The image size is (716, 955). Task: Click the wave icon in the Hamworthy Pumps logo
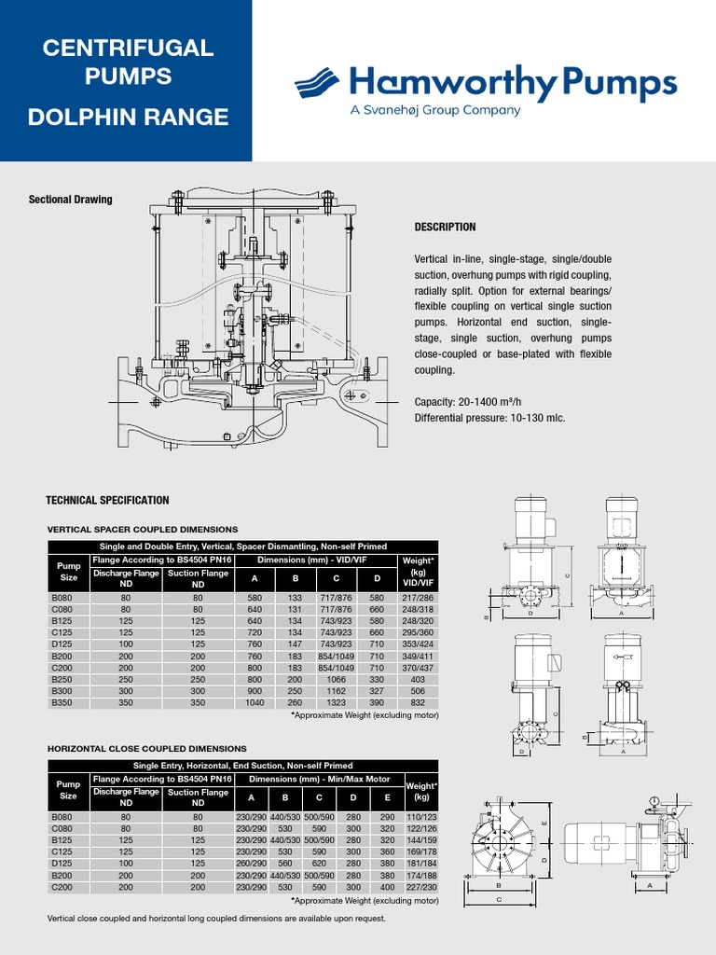(319, 83)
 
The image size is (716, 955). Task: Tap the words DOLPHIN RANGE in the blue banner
(128, 117)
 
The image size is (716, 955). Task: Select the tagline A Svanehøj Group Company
(434, 110)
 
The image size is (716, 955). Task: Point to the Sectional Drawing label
(70, 200)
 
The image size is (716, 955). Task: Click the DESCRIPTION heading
(445, 227)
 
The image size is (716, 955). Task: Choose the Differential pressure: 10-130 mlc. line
(489, 418)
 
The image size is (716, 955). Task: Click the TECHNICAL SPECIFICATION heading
(108, 501)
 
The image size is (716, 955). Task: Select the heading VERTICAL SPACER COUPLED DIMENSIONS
(142, 530)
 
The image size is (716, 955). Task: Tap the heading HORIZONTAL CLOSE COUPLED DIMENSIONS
(146, 748)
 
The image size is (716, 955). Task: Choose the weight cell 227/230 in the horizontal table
(421, 888)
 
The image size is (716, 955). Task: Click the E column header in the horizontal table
(387, 797)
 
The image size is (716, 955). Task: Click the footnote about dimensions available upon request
(216, 919)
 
